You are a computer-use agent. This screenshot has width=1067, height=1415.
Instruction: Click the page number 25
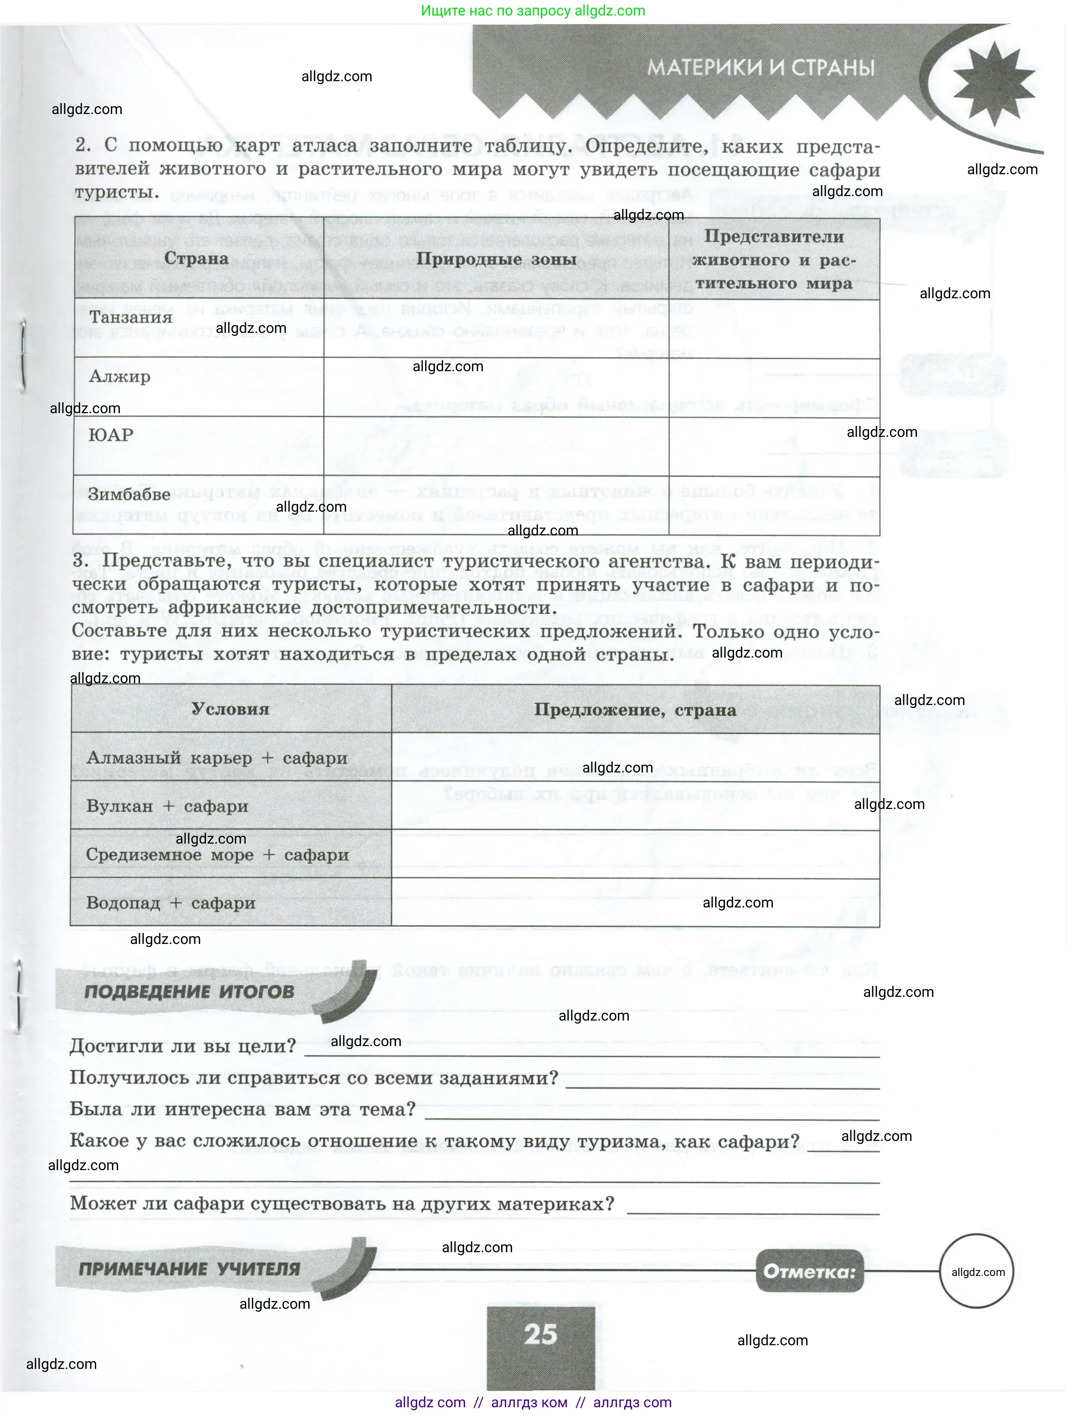pos(540,1334)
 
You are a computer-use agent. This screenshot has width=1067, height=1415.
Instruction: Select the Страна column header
pos(197,259)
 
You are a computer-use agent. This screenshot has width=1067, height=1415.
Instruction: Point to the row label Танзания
pos(131,317)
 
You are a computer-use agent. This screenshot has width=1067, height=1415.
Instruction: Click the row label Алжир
pos(119,376)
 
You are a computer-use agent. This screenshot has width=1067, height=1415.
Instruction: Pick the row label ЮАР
pos(111,435)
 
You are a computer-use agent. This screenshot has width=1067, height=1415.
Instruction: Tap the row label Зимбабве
pos(129,494)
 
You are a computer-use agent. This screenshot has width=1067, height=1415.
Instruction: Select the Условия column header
pos(230,709)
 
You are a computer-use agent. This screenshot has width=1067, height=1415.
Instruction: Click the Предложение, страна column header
pos(635,710)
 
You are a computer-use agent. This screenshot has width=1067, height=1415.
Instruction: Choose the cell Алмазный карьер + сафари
pos(217,758)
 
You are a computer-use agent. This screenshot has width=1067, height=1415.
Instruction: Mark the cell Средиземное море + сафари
pos(217,855)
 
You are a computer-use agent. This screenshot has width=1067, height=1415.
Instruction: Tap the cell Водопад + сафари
pos(171,903)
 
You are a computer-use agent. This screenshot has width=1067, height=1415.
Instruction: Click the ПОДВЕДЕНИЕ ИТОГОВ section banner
pos(189,992)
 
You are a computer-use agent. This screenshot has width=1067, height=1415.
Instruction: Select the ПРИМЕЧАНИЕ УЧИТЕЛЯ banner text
pos(189,1269)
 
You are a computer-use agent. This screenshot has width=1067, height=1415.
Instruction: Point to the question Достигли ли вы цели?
pos(183,1047)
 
